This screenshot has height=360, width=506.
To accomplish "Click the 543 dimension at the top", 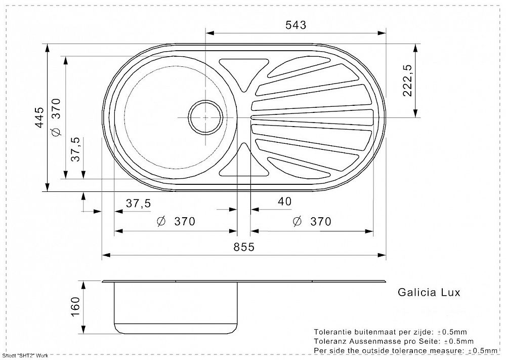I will click(x=296, y=25).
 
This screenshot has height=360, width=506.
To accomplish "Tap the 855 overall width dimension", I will click(x=244, y=247).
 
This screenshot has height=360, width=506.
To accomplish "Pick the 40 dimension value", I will click(x=285, y=202).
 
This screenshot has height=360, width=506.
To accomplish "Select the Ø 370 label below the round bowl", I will click(x=176, y=222).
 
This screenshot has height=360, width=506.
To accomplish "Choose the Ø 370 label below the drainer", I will click(x=312, y=222).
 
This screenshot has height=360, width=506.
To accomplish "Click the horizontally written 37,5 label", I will click(x=138, y=204).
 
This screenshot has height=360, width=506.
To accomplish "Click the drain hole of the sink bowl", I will click(x=205, y=117).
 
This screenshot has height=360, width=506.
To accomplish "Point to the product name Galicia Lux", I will click(x=429, y=292).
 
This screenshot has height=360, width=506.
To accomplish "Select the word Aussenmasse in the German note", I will click(x=371, y=341).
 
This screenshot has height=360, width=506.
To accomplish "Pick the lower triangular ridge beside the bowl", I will click(x=244, y=161).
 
